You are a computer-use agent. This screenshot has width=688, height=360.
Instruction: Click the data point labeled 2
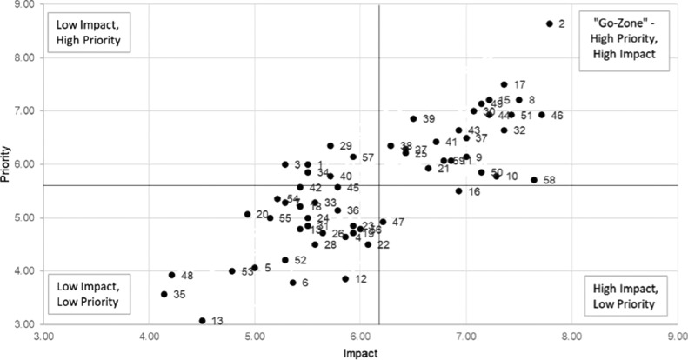click(x=549, y=24)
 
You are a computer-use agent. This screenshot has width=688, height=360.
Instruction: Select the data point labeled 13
click(x=202, y=321)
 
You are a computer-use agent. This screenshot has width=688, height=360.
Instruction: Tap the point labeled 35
click(x=164, y=295)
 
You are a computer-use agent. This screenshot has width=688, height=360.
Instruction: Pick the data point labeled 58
click(x=534, y=180)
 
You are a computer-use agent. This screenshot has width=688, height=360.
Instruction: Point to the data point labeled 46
click(x=541, y=115)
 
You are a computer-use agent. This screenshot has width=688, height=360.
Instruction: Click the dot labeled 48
click(x=171, y=276)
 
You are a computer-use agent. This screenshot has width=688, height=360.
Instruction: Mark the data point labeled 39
click(x=413, y=119)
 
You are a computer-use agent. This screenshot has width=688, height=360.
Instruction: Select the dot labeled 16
click(x=458, y=191)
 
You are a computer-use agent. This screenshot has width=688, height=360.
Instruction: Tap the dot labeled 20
click(x=247, y=214)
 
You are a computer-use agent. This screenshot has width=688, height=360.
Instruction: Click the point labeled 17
click(x=504, y=85)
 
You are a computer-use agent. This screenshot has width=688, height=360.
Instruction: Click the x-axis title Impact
click(x=358, y=352)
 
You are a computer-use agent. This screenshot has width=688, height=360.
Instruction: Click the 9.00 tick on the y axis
click(x=25, y=5)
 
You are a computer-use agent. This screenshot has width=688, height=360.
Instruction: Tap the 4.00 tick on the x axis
click(x=149, y=336)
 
